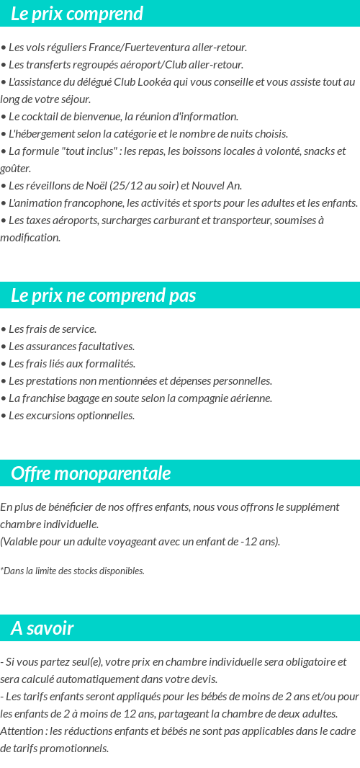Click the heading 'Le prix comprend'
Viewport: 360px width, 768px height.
pos(77,14)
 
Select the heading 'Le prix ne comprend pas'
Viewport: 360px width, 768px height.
pos(104,295)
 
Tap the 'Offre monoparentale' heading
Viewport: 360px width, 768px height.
pos(91,473)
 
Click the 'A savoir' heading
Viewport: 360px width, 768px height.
pos(42,628)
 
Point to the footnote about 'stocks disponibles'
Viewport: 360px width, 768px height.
pos(72,571)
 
